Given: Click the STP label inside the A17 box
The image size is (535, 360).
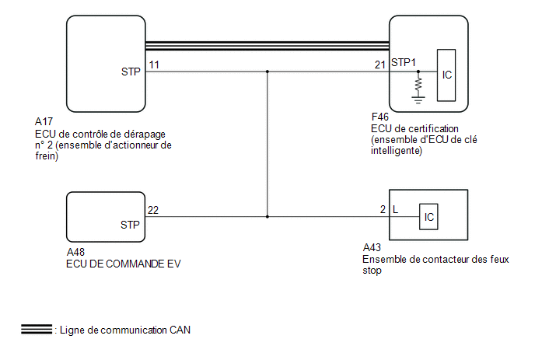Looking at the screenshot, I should coord(131,73).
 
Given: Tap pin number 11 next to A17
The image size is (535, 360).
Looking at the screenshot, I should coord(154,65).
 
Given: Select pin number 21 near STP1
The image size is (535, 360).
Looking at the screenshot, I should coord(380,65).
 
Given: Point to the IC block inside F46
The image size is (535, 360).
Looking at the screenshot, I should coord(446,75).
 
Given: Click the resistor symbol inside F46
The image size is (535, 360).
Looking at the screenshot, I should coord(418,82).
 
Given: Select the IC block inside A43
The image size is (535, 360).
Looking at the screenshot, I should coord(428,216).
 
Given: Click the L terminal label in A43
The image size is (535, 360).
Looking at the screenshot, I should coord(396,210).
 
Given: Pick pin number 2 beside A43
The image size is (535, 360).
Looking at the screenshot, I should coord(383,210).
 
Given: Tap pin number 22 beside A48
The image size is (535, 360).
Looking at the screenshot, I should coord(153,210).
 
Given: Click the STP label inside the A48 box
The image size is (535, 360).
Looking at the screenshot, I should coord(130,225).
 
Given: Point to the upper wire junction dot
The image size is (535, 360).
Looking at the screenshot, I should coord(267,72).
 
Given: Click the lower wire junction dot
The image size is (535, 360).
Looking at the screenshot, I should coord(267,216).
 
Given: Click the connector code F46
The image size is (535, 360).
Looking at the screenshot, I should coord(380,118).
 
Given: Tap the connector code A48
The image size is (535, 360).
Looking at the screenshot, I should coord(77,252).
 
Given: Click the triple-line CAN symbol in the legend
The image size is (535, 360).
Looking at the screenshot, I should coord(36,329).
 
